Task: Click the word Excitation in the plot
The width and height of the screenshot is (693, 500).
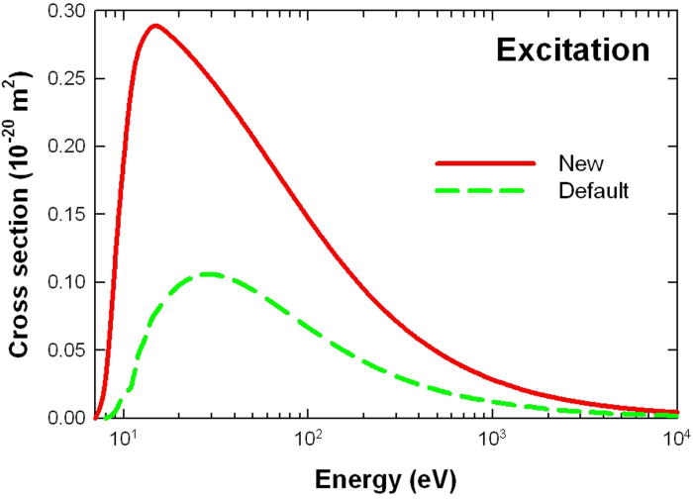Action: [572, 50]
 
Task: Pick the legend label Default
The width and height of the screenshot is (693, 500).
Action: [592, 190]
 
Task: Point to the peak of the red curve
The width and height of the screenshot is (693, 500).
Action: [153, 26]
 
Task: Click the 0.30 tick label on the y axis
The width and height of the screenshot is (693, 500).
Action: [67, 11]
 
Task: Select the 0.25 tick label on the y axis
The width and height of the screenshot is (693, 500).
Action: [67, 78]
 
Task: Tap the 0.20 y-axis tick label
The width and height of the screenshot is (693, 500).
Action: [67, 147]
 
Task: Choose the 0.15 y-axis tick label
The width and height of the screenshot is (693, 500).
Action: [67, 214]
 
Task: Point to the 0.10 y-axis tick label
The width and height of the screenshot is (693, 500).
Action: [67, 282]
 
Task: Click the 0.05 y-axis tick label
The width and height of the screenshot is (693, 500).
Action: [67, 350]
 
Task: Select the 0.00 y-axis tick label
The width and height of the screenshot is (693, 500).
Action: [67, 417]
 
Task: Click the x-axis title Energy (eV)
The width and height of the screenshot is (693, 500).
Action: [387, 479]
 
